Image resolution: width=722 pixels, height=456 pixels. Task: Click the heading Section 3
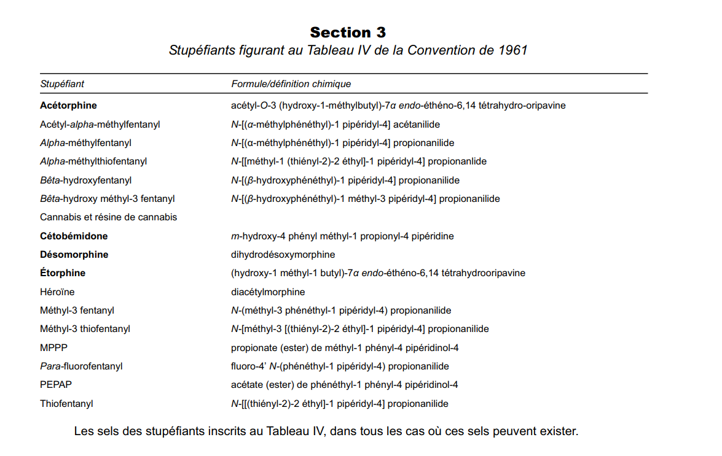click(348, 32)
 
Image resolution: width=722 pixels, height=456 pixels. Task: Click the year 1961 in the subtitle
click(512, 51)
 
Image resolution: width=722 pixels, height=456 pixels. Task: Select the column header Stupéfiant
click(62, 84)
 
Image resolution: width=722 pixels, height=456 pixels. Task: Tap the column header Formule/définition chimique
click(291, 84)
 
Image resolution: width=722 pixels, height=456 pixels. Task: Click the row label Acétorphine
click(68, 106)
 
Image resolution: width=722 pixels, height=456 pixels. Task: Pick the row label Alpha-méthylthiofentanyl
click(93, 161)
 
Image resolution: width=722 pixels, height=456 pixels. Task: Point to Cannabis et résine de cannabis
click(108, 217)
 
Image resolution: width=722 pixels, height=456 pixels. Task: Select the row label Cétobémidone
click(74, 236)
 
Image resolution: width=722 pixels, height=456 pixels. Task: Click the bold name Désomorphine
click(74, 255)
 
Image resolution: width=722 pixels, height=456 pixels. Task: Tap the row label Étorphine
click(63, 273)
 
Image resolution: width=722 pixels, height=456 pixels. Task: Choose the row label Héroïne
click(57, 292)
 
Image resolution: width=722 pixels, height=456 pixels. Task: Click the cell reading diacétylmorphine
click(268, 292)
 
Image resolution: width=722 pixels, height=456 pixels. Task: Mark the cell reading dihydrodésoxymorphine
click(283, 255)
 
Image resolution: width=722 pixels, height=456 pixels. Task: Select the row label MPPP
click(53, 348)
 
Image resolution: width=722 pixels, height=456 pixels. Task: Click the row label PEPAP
click(56, 385)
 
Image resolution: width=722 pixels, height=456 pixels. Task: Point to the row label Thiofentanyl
click(66, 404)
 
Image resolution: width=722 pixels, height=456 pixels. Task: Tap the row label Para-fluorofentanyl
click(81, 366)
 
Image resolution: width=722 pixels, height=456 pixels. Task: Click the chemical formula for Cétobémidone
click(342, 236)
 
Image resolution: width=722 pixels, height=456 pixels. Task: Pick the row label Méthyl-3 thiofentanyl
click(85, 329)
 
